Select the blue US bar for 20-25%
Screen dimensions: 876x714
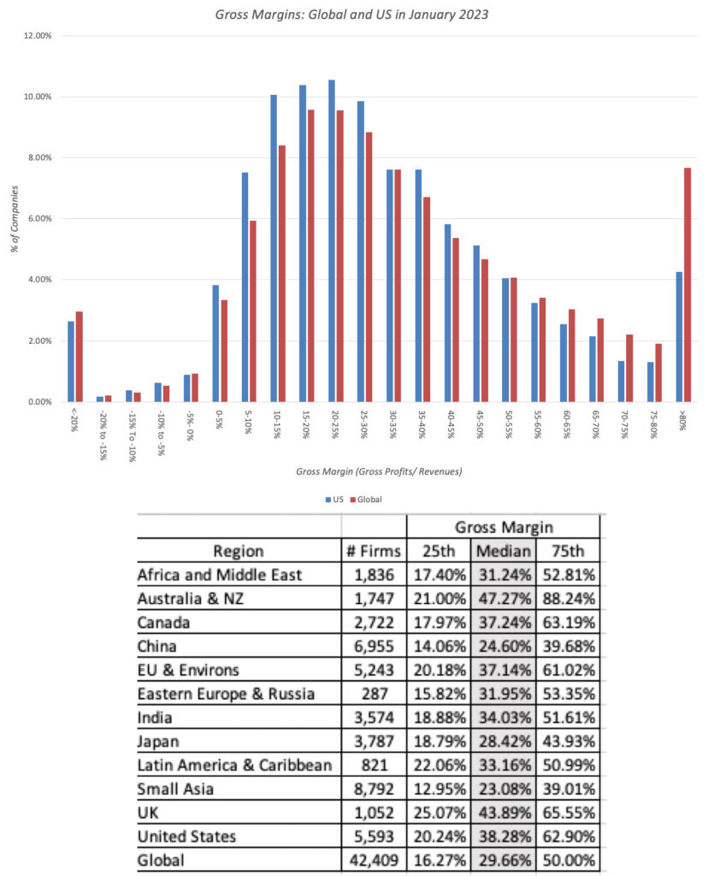[331, 240]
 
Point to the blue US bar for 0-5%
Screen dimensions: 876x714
[215, 343]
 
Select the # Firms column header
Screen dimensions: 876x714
[374, 551]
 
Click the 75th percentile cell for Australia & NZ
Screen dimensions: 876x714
[567, 598]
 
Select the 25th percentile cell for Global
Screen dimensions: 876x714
[438, 859]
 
